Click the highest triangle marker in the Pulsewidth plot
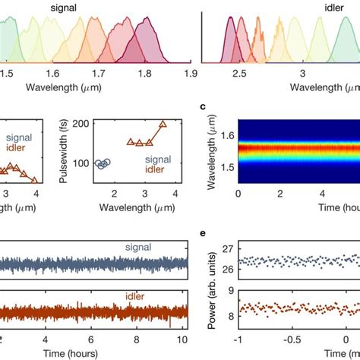click(162, 124)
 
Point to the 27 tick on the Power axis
click(226, 247)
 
